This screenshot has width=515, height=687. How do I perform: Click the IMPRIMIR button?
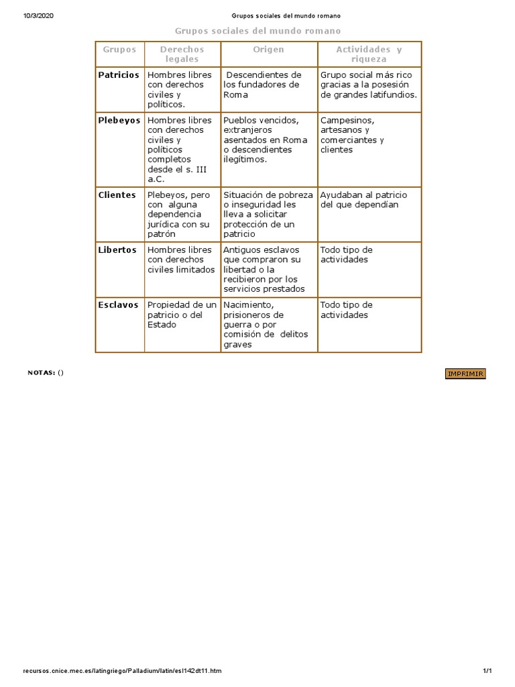tap(465, 374)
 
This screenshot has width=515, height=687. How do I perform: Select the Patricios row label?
tap(119, 75)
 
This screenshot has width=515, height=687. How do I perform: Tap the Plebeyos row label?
tap(119, 120)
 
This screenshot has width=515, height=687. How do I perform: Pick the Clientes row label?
tap(117, 195)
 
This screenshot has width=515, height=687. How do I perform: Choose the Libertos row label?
tap(117, 250)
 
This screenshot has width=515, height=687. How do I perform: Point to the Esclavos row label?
tap(119, 305)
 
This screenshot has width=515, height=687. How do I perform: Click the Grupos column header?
tap(119, 50)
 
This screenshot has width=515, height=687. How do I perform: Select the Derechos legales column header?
tap(182, 54)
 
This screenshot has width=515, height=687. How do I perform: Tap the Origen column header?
tap(268, 50)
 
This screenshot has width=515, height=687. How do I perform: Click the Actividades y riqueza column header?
tap(369, 54)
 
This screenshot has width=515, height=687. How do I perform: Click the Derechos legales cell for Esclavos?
tap(182, 315)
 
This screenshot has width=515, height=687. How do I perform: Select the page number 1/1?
tap(487, 670)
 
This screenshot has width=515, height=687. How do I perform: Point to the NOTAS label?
tap(42, 373)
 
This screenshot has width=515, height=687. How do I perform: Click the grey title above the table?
tap(257, 31)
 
